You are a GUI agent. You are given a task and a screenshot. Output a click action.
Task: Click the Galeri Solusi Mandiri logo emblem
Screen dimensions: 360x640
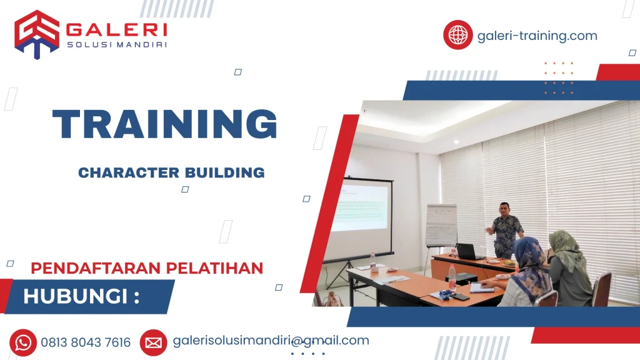tap(37, 34)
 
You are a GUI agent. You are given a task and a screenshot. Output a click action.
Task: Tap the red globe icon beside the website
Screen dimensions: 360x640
tap(458, 35)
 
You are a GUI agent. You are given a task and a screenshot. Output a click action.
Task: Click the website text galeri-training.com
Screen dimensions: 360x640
tap(537, 36)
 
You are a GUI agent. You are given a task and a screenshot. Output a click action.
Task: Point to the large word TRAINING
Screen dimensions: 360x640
tap(165, 124)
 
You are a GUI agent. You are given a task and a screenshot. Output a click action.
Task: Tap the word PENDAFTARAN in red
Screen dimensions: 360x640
tap(88, 268)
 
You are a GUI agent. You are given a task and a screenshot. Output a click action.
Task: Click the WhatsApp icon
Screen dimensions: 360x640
tap(23, 342)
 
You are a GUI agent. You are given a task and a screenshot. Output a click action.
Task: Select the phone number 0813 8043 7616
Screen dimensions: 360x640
tap(86, 342)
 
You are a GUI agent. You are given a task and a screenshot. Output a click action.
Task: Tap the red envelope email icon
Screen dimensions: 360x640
tap(153, 342)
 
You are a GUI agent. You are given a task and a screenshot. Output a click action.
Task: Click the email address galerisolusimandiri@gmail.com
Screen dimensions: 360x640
tap(271, 341)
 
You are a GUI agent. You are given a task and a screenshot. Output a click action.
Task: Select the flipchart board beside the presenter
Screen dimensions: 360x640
tap(441, 225)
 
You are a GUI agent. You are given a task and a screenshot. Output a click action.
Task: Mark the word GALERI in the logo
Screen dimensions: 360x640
tap(116, 29)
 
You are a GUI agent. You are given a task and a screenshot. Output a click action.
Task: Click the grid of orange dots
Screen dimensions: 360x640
tap(558, 78)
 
